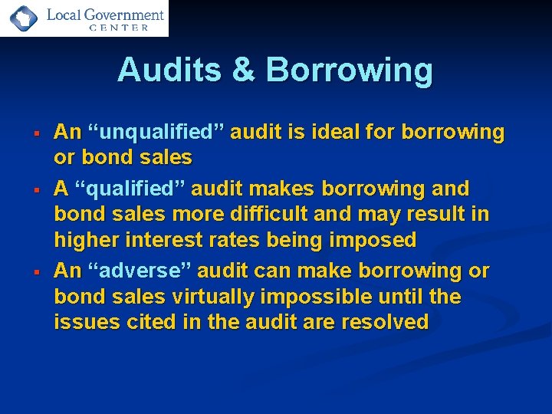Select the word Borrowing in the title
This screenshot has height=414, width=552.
(349, 71)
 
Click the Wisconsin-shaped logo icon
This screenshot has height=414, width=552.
(21, 18)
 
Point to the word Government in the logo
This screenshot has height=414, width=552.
(126, 14)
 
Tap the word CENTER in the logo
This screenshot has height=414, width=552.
(119, 28)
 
